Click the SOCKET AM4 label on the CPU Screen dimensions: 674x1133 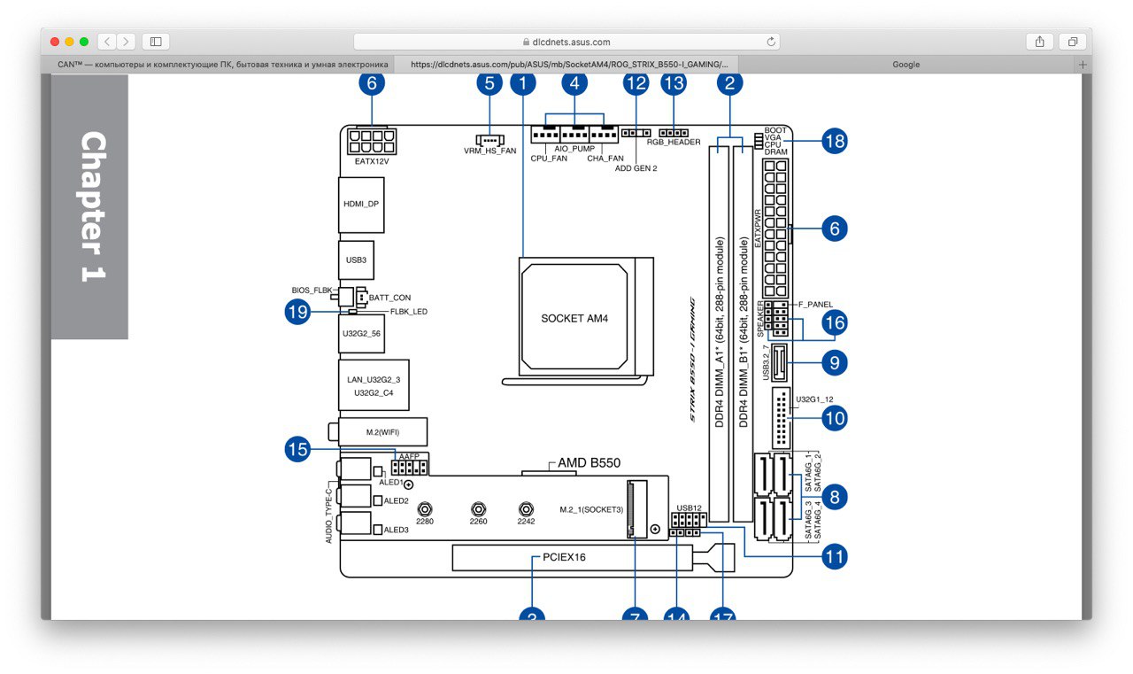(574, 317)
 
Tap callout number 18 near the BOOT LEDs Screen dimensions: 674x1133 (834, 141)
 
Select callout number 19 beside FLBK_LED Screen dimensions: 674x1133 (297, 312)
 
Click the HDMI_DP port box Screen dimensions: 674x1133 (361, 204)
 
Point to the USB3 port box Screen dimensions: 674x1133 (356, 260)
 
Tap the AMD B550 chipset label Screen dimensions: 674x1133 (589, 463)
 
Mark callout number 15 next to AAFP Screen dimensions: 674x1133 (297, 450)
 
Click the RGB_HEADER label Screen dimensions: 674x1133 (673, 142)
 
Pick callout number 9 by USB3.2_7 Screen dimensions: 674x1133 (834, 361)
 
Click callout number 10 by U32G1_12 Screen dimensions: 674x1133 (834, 417)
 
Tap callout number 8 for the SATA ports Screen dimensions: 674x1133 (834, 497)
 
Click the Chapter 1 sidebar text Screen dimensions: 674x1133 (91, 207)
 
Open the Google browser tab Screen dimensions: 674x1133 (906, 65)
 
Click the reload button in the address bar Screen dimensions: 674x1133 (771, 42)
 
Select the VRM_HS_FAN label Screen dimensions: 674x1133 (489, 151)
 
